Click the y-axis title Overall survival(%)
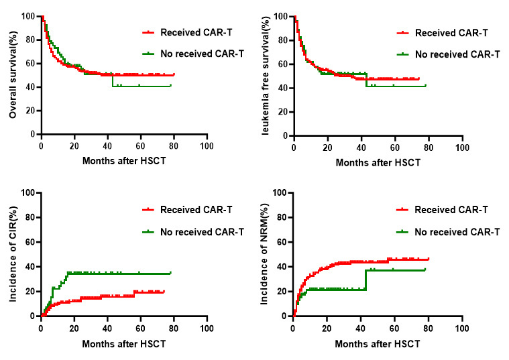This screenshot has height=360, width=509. click(13, 75)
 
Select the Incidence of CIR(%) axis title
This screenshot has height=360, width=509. click(13, 255)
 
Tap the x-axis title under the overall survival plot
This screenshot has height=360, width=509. click(123, 162)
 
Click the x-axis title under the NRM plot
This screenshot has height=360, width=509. click(376, 343)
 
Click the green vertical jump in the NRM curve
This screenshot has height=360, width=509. click(365, 280)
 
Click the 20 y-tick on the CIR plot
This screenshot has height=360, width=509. click(31, 292)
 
